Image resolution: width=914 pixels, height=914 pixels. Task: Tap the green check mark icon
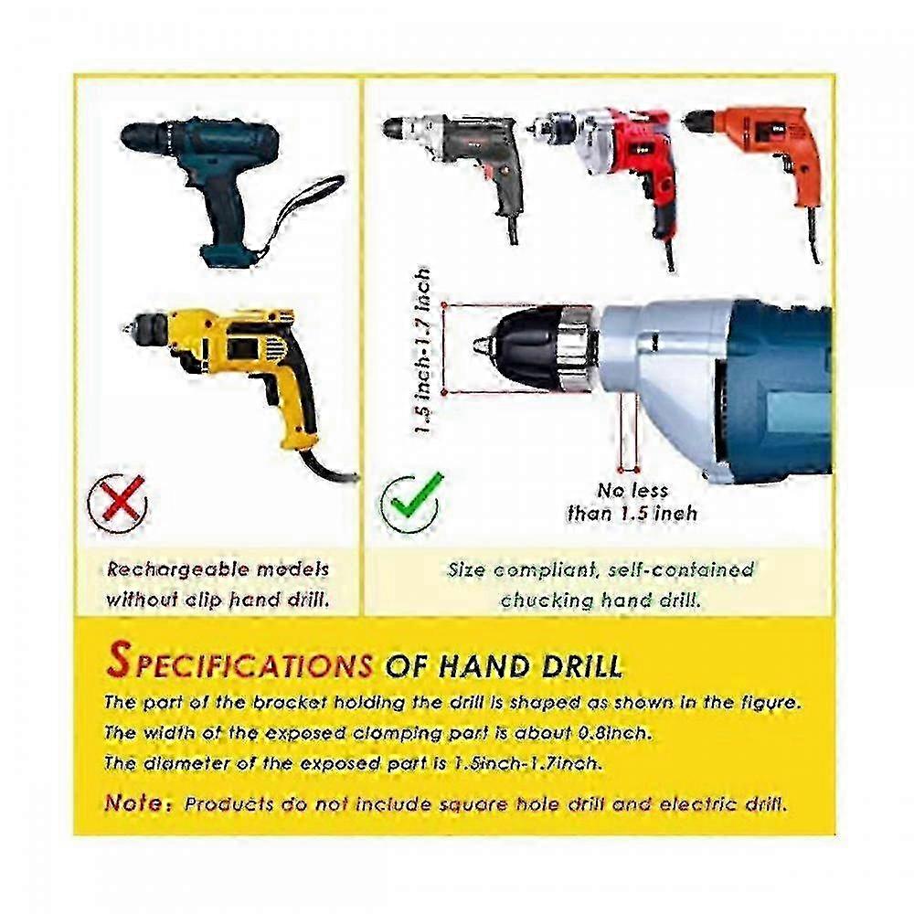click(x=411, y=502)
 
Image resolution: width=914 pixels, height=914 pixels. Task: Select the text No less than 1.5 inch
click(x=632, y=502)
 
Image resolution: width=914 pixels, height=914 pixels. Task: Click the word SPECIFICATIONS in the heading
click(x=239, y=663)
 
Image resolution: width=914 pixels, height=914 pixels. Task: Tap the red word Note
click(x=139, y=803)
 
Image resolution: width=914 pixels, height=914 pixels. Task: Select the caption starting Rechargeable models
click(x=218, y=585)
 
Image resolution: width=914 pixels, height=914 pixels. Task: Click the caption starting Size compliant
click(x=600, y=585)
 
